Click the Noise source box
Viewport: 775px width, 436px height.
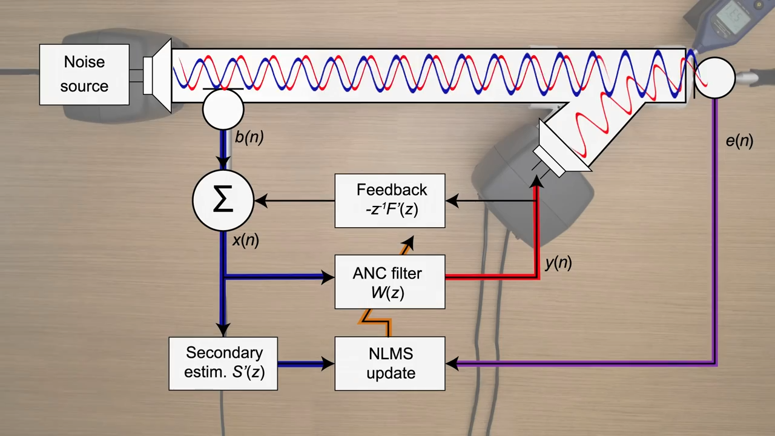point(84,74)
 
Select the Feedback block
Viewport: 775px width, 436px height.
point(390,200)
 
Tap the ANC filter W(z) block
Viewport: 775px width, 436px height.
point(390,282)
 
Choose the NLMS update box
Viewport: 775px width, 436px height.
point(390,363)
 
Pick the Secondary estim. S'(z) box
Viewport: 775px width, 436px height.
point(223,363)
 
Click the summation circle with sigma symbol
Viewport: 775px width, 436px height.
point(223,200)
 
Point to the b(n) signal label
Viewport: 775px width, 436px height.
point(249,137)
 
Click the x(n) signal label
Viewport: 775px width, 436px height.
point(245,240)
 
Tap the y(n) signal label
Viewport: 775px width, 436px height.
point(558,263)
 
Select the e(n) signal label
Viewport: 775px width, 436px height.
point(739,141)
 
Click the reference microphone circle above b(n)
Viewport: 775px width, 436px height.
point(223,110)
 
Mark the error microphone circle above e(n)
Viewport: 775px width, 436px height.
point(714,78)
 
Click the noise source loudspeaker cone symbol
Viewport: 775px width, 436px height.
point(162,76)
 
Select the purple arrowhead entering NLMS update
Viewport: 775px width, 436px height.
point(452,363)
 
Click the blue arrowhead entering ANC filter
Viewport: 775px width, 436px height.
point(328,277)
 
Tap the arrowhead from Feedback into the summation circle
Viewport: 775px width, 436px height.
point(262,200)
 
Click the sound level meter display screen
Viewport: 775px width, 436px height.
point(733,18)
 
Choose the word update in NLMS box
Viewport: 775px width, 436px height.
point(391,373)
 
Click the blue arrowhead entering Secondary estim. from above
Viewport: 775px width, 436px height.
point(223,329)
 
